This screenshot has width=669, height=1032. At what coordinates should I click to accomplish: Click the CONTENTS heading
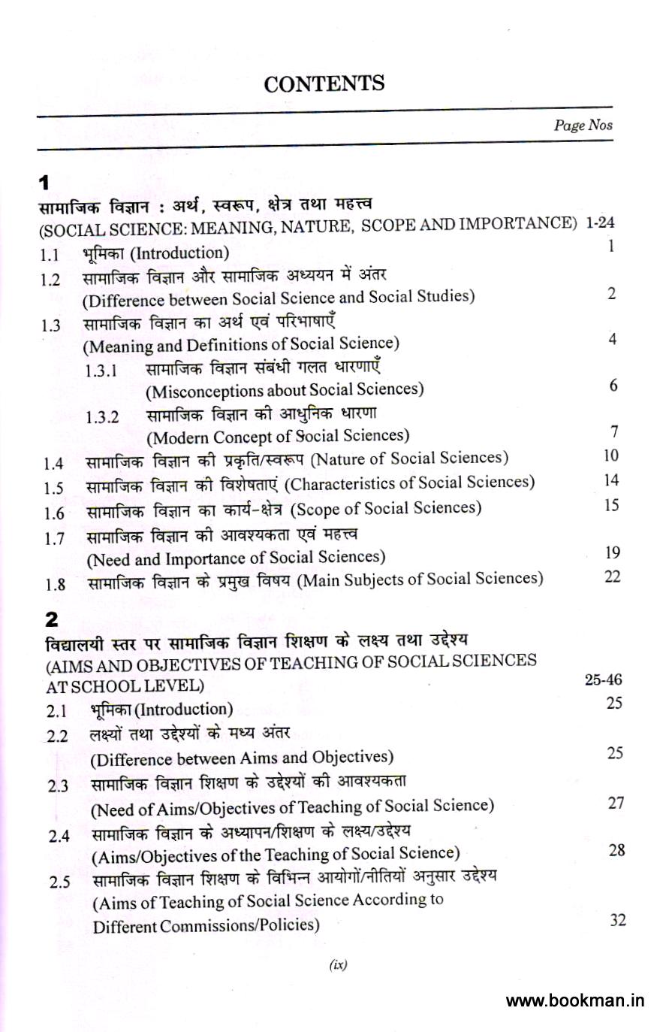pyautogui.click(x=324, y=83)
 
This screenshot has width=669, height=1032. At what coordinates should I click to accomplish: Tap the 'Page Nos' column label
pyautogui.click(x=583, y=126)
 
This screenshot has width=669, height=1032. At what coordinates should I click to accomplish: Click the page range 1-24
pyautogui.click(x=600, y=222)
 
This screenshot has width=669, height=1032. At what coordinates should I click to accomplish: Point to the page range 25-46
pyautogui.click(x=603, y=679)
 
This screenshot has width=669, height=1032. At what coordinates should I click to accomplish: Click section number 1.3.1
pyautogui.click(x=101, y=371)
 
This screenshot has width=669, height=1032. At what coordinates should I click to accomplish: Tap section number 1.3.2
pyautogui.click(x=102, y=418)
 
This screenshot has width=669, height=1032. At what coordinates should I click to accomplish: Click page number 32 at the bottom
pyautogui.click(x=617, y=920)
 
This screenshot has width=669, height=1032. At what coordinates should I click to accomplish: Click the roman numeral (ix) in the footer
pyautogui.click(x=338, y=966)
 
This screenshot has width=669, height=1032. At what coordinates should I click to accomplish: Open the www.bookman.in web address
pyautogui.click(x=575, y=1000)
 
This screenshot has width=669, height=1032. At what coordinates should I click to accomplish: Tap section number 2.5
pyautogui.click(x=59, y=882)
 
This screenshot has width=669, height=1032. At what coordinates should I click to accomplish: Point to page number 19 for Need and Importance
pyautogui.click(x=612, y=553)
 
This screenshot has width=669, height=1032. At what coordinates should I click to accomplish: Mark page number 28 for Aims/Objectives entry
pyautogui.click(x=616, y=850)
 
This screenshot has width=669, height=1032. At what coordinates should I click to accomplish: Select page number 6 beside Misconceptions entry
pyautogui.click(x=613, y=386)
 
